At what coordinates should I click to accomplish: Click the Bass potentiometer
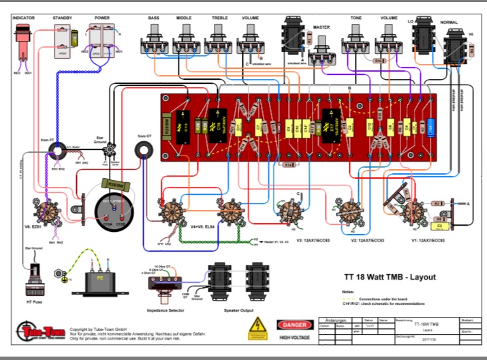pyautogui.click(x=154, y=43)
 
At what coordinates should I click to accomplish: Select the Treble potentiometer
pyautogui.click(x=219, y=43)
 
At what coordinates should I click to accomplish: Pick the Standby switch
pyautogui.click(x=63, y=40)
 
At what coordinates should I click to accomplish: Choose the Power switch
pyautogui.click(x=101, y=40)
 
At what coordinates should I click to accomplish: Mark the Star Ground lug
pyautogui.click(x=110, y=148)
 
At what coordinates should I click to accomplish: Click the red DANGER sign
pyautogui.click(x=294, y=325)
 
